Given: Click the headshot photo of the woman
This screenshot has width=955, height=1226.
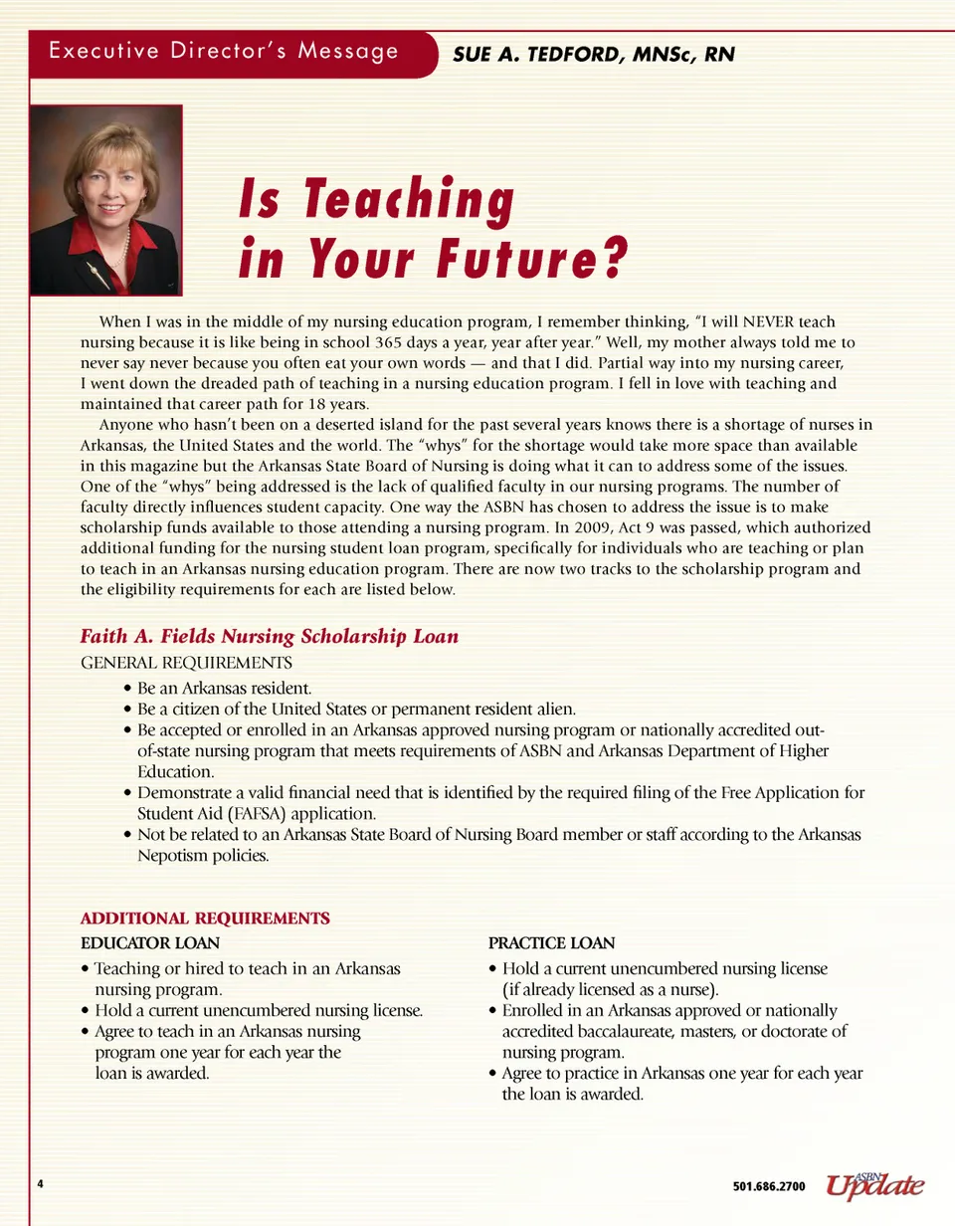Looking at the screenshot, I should coord(105,200).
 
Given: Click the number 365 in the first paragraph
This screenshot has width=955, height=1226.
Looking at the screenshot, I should coord(379,341).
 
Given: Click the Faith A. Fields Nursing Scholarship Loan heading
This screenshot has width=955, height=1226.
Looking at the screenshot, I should coord(269,636).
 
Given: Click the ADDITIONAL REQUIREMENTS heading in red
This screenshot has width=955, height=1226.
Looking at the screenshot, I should coord(204,917).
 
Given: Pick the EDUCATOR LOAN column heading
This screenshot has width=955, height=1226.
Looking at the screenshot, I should coord(149,940).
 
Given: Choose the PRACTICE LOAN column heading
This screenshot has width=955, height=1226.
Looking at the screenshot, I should coord(552,941).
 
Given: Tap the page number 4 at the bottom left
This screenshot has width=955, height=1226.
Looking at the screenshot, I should coord(41,1183).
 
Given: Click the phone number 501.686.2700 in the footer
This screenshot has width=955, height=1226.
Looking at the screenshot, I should coord(769,1186).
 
